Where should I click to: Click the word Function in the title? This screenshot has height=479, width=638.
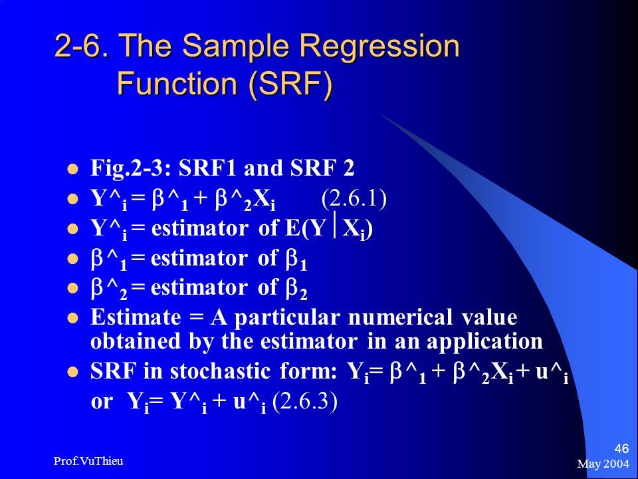177,83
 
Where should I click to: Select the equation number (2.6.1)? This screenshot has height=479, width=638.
354,199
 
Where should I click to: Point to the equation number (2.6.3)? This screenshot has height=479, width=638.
305,402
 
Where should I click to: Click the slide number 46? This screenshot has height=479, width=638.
621,449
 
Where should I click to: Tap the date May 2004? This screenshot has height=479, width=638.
603,464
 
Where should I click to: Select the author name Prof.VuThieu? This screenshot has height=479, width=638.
88,461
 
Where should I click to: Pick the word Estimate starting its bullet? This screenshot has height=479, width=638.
136,317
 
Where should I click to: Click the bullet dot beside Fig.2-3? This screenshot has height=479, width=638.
72,168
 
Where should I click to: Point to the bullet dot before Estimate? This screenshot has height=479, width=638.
72,318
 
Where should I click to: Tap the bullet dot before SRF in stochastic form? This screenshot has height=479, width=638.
72,372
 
